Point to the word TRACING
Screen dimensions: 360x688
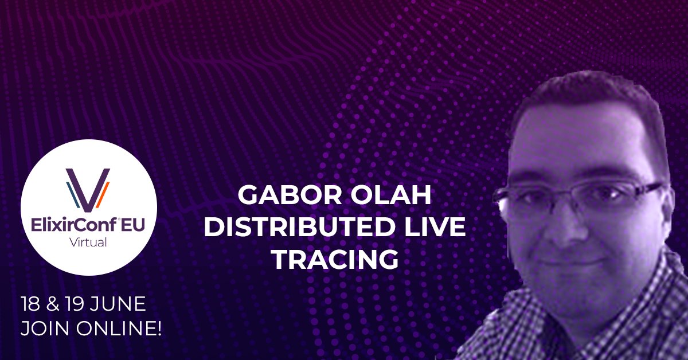click(x=334, y=259)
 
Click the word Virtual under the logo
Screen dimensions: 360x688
click(x=88, y=242)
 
